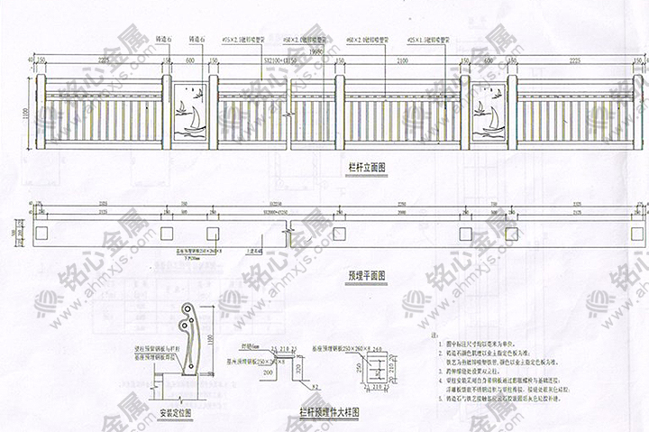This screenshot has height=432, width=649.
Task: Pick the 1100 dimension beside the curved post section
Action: tap(211, 337)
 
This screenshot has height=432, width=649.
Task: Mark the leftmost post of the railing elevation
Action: tap(39, 112)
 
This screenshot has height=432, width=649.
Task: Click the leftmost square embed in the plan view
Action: tap(42, 233)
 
